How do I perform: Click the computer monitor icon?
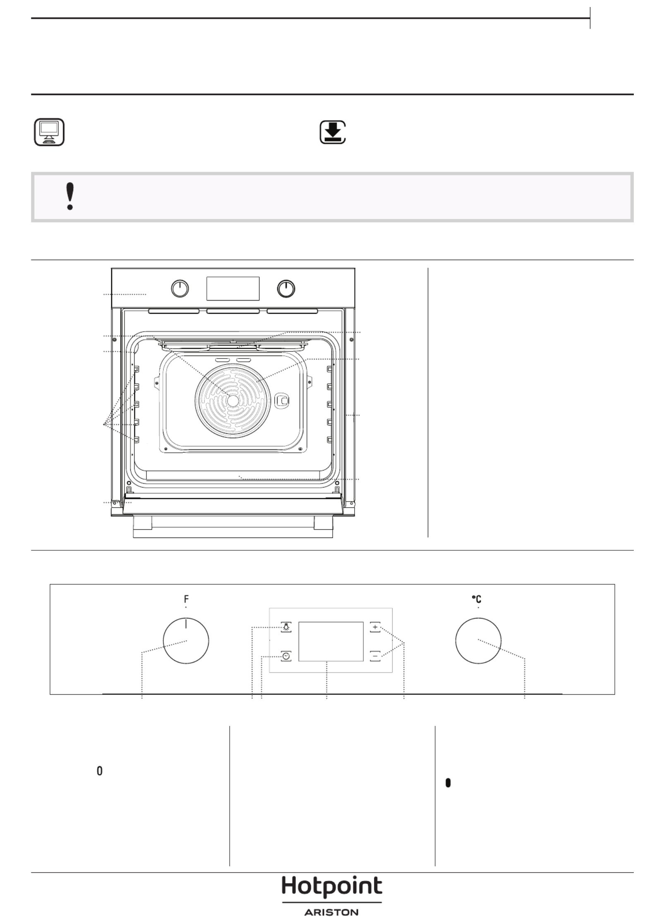[49, 132]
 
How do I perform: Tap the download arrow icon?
[333, 132]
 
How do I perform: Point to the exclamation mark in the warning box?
[70, 197]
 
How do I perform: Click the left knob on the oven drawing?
[180, 289]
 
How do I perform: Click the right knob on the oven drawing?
[286, 289]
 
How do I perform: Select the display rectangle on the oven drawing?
[233, 289]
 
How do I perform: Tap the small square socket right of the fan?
[283, 401]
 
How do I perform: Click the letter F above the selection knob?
[186, 599]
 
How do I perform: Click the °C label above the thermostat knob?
[477, 599]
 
